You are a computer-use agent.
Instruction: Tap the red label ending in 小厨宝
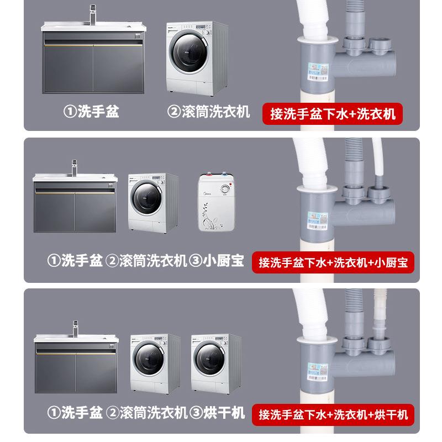[333, 262]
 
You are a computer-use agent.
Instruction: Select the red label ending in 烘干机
[333, 413]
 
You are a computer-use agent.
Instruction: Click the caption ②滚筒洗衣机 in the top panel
[208, 112]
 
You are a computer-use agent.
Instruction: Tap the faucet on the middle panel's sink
[75, 166]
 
